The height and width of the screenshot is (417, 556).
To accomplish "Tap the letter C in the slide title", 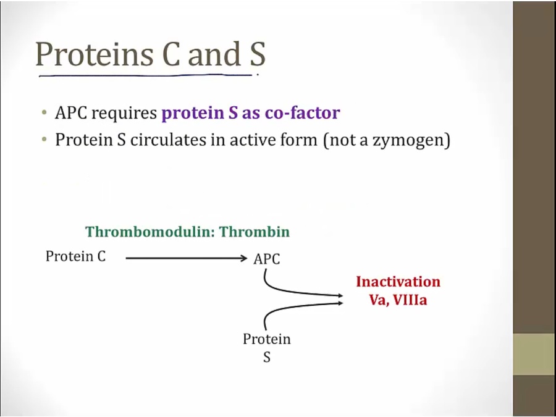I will [172, 54].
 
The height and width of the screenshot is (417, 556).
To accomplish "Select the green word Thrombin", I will [255, 232].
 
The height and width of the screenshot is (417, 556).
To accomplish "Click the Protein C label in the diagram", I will [75, 256].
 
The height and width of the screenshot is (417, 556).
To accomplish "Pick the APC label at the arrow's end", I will [266, 259].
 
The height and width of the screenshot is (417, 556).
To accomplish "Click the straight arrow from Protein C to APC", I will [185, 259].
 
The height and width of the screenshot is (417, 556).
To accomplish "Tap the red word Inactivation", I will [398, 282].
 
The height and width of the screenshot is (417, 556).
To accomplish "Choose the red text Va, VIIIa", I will [398, 300].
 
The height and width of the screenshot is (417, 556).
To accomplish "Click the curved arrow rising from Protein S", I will [290, 309].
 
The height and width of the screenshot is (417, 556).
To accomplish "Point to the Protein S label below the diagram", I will [266, 347].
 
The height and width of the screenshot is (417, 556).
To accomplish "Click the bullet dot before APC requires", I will [44, 114].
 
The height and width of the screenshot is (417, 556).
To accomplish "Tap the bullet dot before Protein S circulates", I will [44, 140].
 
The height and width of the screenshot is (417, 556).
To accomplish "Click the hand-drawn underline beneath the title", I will [145, 76].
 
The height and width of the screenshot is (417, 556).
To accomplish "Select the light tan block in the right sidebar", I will [534, 355].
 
